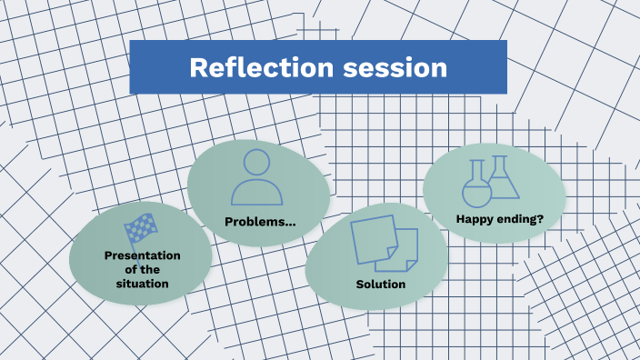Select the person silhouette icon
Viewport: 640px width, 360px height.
[258, 176]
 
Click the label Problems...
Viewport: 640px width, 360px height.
[259, 223]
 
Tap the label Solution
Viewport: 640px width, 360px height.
[381, 285]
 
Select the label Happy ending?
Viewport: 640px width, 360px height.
[494, 218]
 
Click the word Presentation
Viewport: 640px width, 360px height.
[142, 255]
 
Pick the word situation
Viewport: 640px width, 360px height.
[142, 284]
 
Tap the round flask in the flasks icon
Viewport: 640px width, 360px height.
[476, 189]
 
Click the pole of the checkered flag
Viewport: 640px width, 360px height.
[130, 238]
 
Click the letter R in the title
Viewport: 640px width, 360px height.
[197, 68]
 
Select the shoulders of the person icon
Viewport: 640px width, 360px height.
[258, 192]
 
